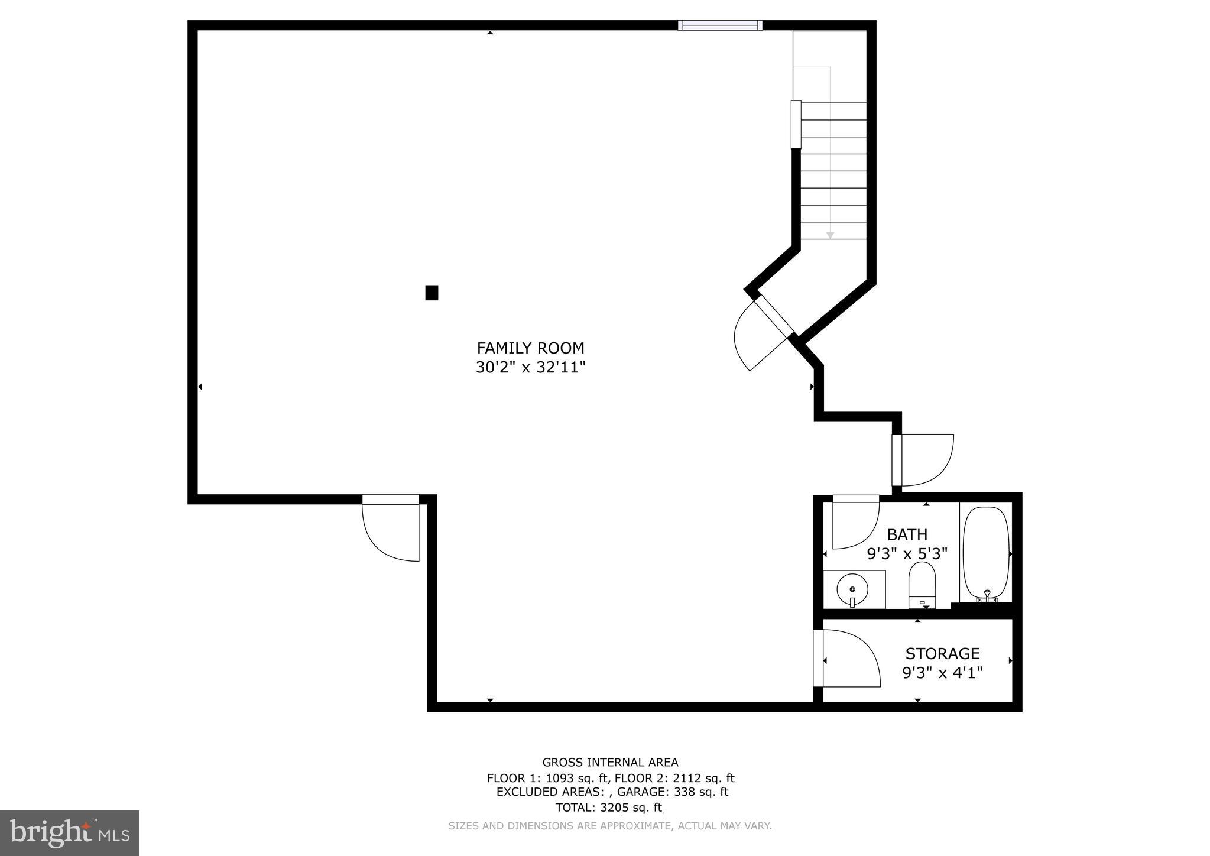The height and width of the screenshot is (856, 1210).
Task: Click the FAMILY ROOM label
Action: (530, 348)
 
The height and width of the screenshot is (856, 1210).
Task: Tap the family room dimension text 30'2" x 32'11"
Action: (530, 368)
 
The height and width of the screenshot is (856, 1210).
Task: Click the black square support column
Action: (432, 293)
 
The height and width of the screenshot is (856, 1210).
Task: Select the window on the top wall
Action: (719, 25)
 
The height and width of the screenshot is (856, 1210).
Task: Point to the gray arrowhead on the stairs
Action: (830, 235)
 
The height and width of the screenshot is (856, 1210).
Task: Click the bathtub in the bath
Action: (985, 553)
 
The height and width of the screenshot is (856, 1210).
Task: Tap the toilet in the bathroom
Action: (922, 584)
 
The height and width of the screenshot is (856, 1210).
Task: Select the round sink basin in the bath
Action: (852, 589)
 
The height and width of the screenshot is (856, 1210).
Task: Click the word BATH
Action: (907, 535)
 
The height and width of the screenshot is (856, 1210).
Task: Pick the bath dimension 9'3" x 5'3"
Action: (907, 554)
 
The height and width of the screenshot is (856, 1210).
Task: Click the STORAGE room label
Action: (942, 653)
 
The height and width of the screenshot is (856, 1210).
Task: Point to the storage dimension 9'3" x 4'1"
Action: (942, 673)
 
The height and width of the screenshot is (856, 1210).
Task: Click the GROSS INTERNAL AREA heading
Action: (610, 763)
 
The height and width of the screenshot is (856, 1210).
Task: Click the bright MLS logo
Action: (69, 833)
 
